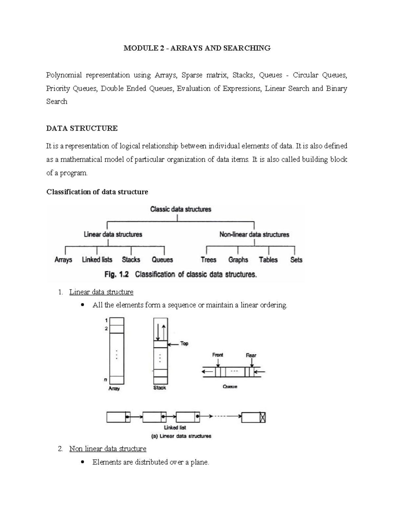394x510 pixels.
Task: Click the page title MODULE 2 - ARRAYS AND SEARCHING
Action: click(x=197, y=48)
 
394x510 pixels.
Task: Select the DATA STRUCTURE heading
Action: click(x=82, y=128)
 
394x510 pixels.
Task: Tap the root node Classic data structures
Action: click(x=181, y=209)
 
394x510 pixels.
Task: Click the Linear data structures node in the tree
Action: click(x=113, y=234)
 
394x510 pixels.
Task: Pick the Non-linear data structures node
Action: click(x=254, y=234)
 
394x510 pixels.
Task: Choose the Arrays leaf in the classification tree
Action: click(x=63, y=260)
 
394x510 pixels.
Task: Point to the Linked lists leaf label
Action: click(x=97, y=260)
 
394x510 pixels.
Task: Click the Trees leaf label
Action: click(x=208, y=260)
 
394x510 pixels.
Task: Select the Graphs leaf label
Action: click(x=238, y=260)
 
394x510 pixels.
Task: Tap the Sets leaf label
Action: click(x=296, y=260)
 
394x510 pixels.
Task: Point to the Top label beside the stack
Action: click(x=184, y=344)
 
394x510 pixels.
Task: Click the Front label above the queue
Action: click(x=218, y=355)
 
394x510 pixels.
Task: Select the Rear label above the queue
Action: click(x=251, y=355)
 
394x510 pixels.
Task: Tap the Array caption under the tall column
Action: click(x=114, y=388)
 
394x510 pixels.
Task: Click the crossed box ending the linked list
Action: click(x=262, y=417)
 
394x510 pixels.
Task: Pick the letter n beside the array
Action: click(x=105, y=380)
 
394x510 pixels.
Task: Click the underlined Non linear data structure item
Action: click(x=108, y=449)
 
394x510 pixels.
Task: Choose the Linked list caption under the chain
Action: click(x=175, y=428)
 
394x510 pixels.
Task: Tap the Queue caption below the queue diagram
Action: click(x=230, y=387)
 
